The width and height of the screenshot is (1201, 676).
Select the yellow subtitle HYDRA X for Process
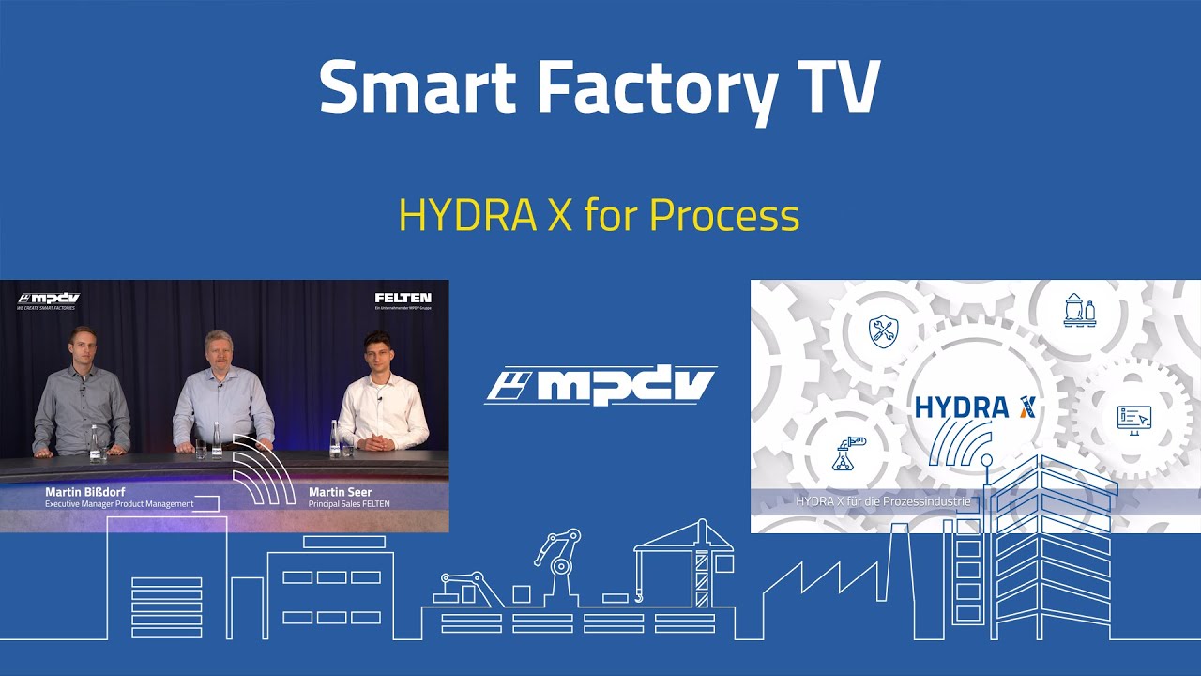point(599,216)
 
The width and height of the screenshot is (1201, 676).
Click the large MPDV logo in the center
point(600,386)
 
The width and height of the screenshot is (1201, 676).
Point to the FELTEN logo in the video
point(403,299)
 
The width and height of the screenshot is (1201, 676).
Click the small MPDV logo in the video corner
point(49,299)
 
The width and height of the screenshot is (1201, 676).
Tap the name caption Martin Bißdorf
point(85,492)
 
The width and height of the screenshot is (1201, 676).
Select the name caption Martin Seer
point(340,492)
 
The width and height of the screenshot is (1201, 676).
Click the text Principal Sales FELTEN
point(349,504)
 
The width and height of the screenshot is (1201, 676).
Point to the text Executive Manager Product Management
point(119,504)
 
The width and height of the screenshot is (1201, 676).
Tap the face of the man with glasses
point(219,348)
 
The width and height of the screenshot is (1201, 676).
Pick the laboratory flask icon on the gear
point(847,453)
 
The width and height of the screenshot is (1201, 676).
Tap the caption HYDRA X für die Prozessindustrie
point(881,502)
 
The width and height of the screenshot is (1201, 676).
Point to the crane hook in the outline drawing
point(638,593)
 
